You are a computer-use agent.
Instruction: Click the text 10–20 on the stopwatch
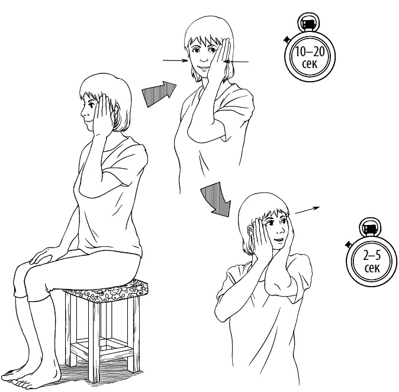pos(310,52)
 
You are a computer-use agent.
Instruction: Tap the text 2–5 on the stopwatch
pos(372,256)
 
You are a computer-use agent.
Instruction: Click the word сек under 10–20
pos(310,64)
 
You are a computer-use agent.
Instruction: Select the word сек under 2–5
pos(372,268)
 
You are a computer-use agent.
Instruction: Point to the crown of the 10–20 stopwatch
pos(308,23)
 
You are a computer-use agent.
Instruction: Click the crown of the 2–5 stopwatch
pos(371,227)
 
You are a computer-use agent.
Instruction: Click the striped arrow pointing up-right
pos(159,94)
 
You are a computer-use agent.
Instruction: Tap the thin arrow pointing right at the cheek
pos(176,60)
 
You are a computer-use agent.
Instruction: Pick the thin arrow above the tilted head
pos(307,210)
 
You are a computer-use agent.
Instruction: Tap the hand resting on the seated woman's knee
pos(43,256)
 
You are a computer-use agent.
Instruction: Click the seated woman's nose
pos(82,116)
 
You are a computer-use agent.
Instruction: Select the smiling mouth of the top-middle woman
pos(203,68)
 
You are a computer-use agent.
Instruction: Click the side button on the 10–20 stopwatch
pos(287,39)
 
